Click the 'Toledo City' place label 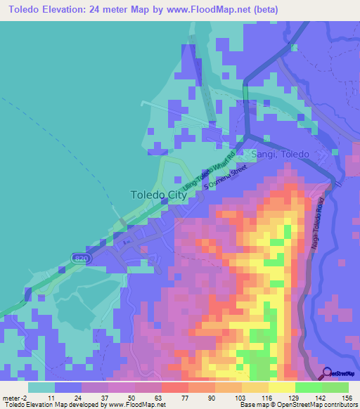(x=159, y=195)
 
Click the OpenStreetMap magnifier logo (x=328, y=374)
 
